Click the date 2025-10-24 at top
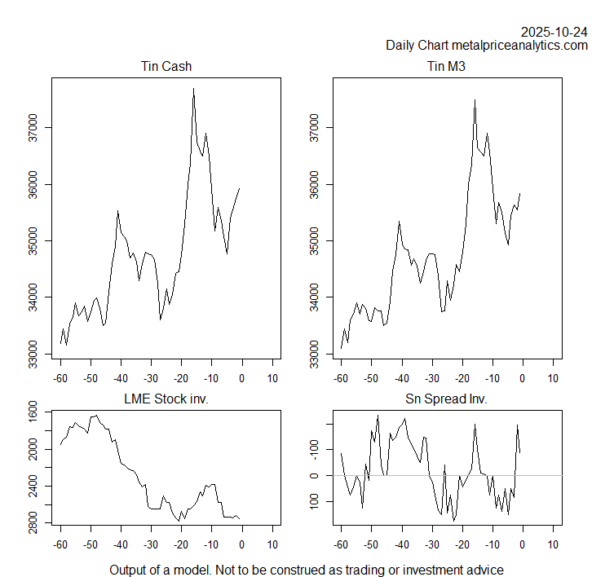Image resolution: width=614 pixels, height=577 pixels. [554, 32]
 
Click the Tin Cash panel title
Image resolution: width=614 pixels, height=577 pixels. [166, 67]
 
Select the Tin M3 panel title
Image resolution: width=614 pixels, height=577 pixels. [447, 67]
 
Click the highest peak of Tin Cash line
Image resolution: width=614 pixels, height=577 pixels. [193, 88]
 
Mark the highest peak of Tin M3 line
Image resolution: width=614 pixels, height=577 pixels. [475, 100]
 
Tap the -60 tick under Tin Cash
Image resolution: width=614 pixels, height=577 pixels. [60, 378]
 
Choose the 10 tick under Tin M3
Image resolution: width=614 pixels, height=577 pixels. [553, 378]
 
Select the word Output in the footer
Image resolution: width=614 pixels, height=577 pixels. [129, 570]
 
